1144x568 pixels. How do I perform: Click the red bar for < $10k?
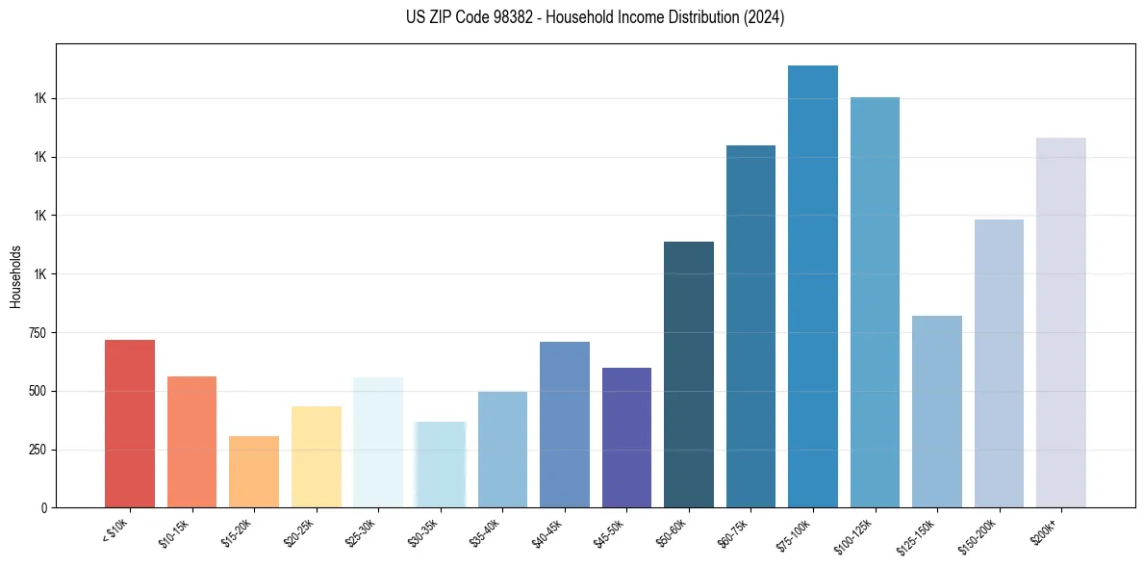(130, 424)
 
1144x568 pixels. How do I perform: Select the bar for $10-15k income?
(191, 442)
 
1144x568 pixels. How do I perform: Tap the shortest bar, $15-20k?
(254, 472)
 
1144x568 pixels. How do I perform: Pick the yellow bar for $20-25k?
(316, 457)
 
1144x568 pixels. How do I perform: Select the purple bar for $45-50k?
(626, 438)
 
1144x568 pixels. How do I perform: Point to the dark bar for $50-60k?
(689, 374)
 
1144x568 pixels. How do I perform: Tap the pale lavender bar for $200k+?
(1061, 323)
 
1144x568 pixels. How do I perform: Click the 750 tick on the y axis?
(39, 333)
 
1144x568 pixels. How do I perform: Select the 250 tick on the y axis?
(39, 450)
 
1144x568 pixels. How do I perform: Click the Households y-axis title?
(15, 276)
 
